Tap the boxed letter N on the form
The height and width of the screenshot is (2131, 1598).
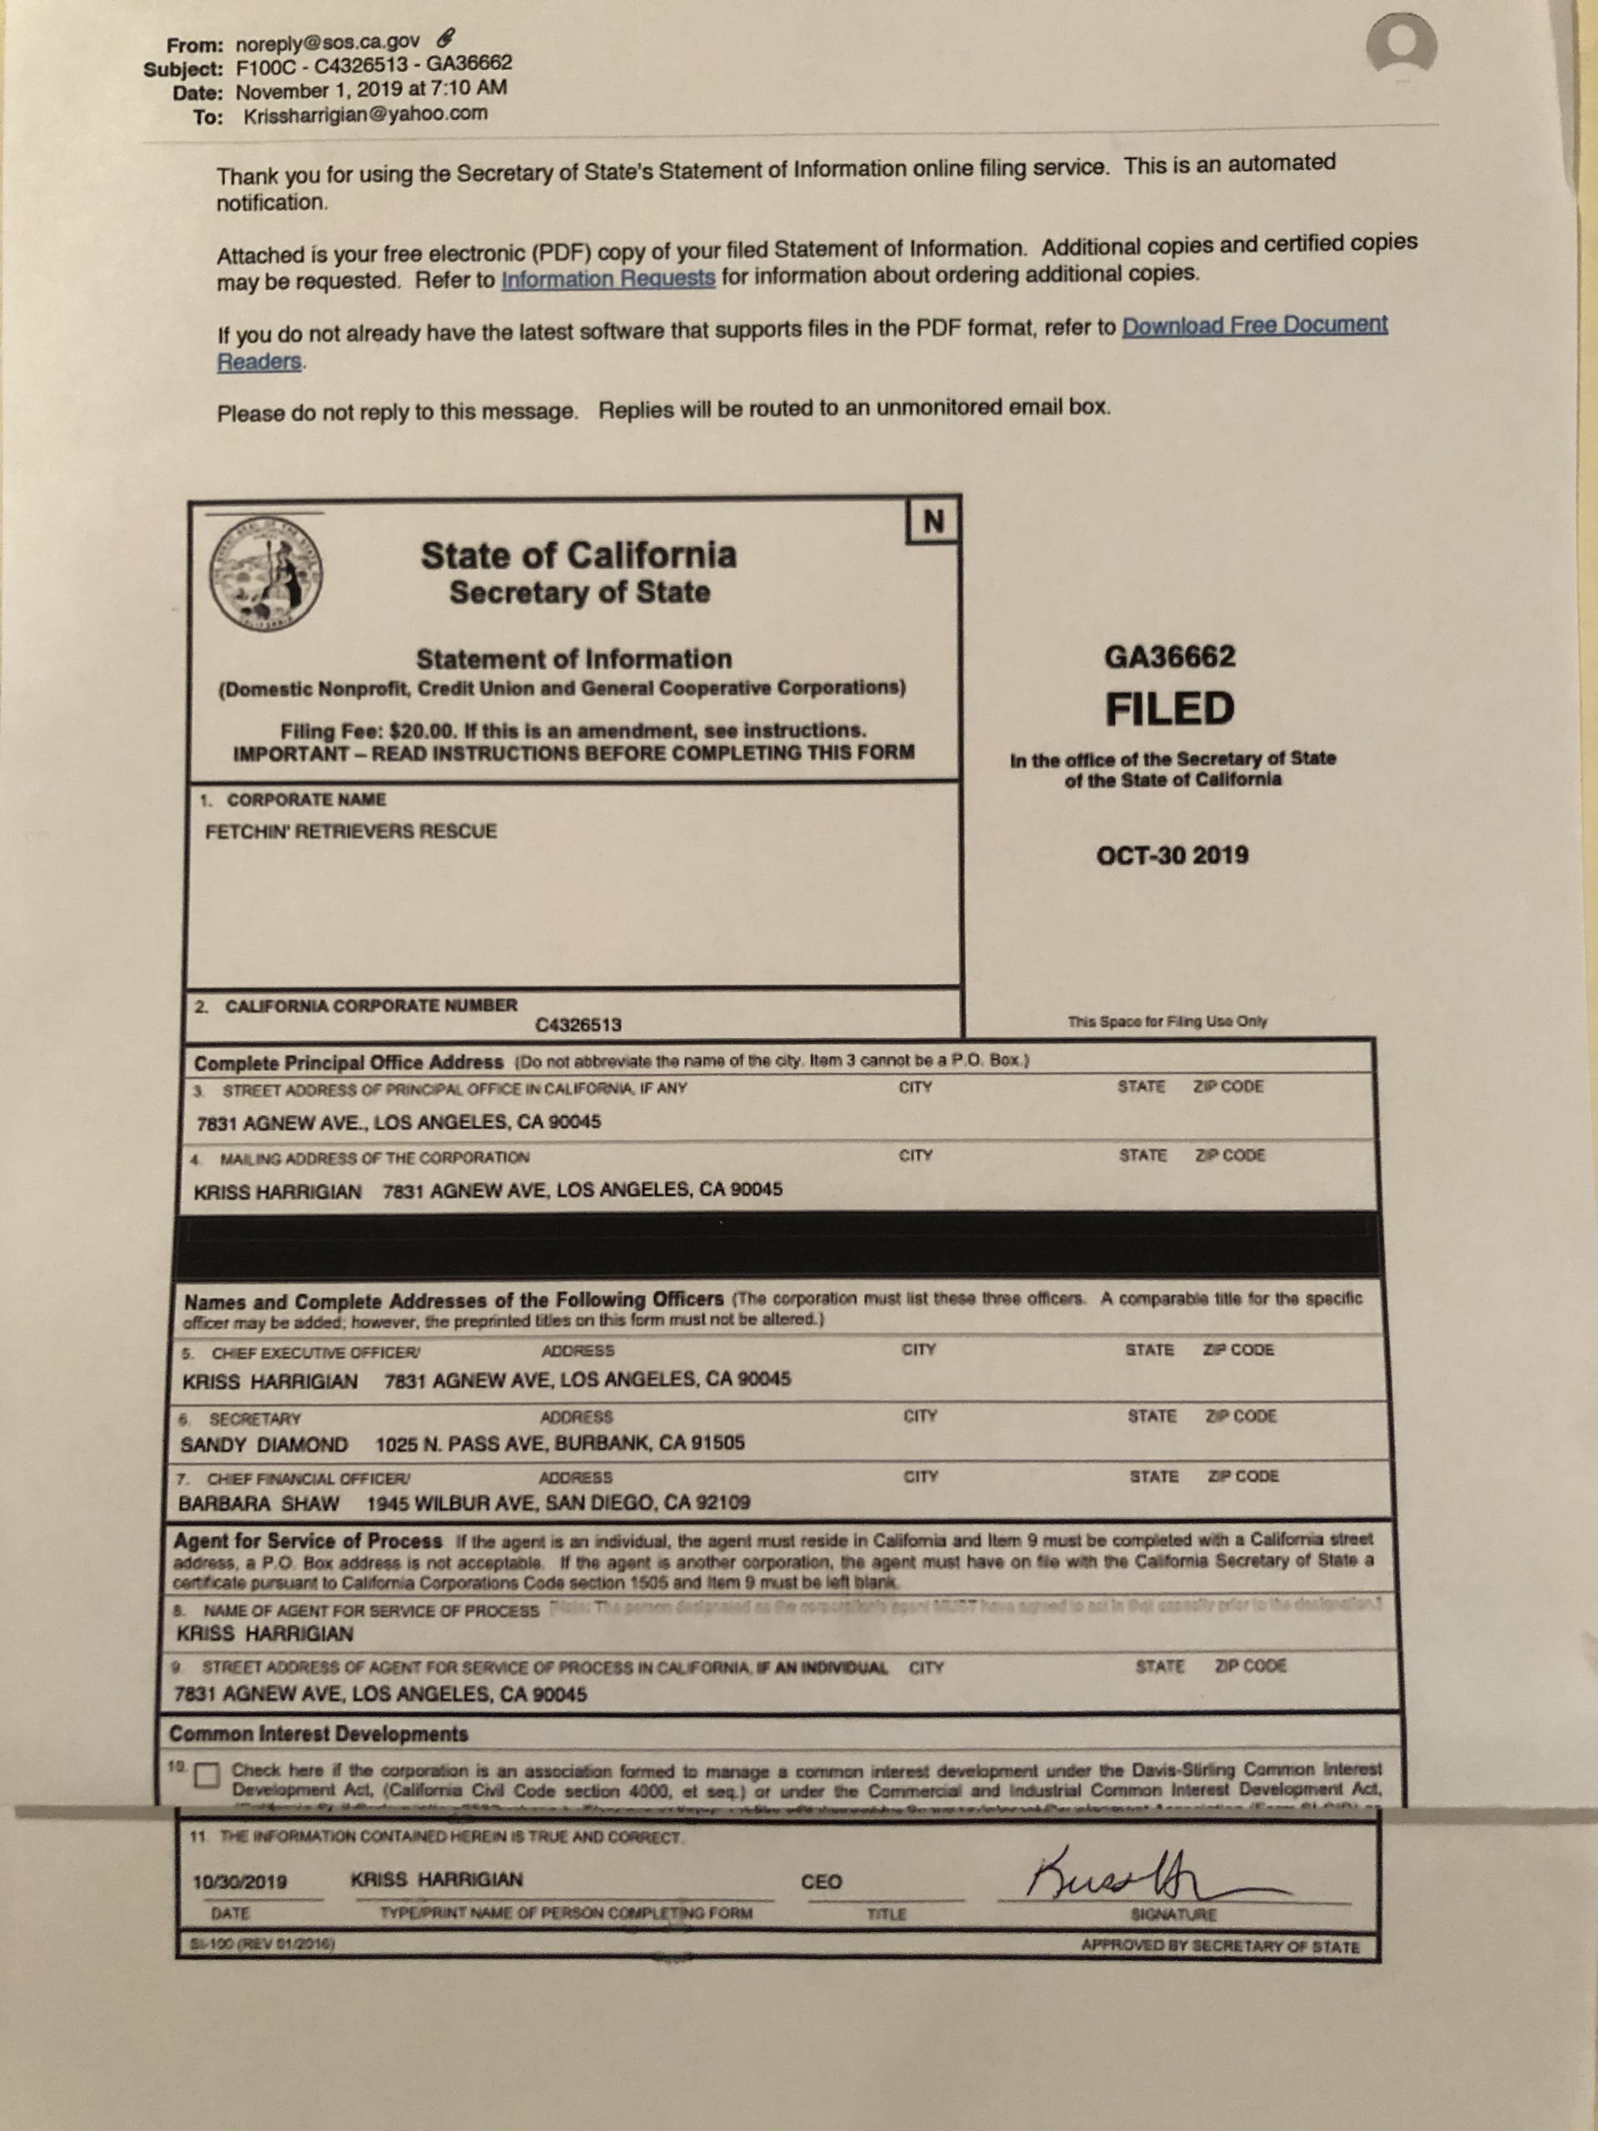click(x=932, y=521)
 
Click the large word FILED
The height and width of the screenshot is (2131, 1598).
click(x=1169, y=709)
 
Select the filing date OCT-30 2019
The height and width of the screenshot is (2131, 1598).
click(x=1171, y=856)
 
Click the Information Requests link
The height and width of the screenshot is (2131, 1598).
click(x=608, y=278)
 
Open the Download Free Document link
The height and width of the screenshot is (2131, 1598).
click(x=1254, y=325)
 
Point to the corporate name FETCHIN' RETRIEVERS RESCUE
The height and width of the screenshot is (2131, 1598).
click(x=350, y=832)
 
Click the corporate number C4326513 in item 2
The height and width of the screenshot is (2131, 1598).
click(x=578, y=1024)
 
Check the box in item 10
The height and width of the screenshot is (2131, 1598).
click(x=206, y=1775)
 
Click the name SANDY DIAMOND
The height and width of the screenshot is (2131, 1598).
click(x=264, y=1444)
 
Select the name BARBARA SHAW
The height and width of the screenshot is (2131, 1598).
click(x=258, y=1504)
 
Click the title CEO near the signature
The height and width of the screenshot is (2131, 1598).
click(x=821, y=1881)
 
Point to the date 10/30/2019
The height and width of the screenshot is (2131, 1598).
click(x=240, y=1881)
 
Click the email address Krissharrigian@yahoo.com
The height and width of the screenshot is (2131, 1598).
click(x=365, y=115)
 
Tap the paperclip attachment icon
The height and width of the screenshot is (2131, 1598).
click(x=444, y=38)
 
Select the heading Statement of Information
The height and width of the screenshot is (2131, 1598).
click(x=573, y=659)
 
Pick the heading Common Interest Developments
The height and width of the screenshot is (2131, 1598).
click(x=319, y=1734)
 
